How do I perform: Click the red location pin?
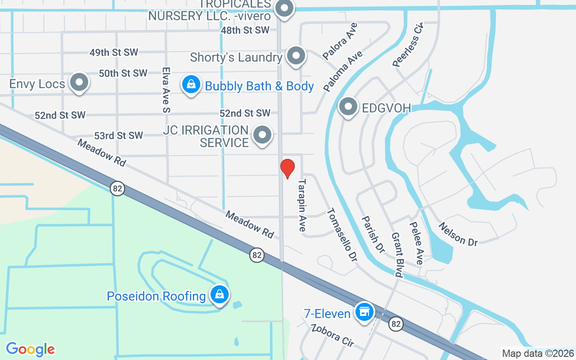288,168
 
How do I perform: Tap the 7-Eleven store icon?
364,311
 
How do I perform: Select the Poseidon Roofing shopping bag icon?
219,295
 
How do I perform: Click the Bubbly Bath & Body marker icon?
191,84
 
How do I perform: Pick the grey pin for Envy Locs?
79,82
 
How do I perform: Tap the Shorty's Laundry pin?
296,56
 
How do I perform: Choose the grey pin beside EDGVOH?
348,107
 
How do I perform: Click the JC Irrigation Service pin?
262,135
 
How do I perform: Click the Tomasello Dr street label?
341,234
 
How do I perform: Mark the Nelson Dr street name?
458,234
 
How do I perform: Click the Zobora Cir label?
333,335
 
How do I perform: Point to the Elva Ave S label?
166,90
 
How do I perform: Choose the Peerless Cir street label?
408,45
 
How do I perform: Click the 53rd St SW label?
118,135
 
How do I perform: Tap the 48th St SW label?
245,30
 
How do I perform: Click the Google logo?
30,349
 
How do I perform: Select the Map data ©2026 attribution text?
538,353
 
